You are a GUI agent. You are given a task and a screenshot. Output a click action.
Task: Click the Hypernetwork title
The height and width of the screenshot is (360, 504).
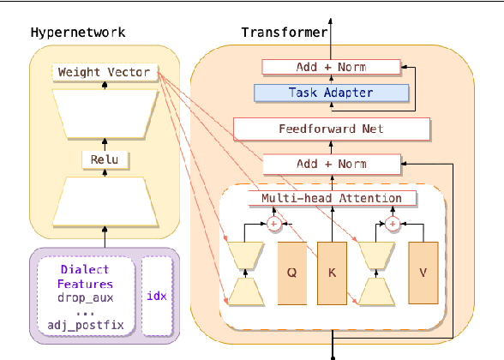(78, 33)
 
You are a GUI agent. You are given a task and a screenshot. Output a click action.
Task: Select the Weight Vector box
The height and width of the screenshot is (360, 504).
(104, 72)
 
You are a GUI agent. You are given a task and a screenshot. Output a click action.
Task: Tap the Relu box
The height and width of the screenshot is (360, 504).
(104, 159)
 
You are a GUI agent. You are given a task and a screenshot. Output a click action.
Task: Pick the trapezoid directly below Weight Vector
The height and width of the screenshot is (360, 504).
(104, 111)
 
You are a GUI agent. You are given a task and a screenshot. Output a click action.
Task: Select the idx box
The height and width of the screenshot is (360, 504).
(155, 296)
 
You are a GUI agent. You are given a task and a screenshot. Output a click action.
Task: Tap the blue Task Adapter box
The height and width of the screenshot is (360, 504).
(331, 93)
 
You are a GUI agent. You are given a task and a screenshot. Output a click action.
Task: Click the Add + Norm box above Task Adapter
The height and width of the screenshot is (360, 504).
(331, 66)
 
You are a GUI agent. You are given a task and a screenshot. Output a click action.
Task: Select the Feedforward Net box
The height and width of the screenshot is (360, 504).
(331, 129)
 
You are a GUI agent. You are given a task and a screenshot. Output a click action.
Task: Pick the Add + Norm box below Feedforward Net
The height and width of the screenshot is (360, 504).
(331, 163)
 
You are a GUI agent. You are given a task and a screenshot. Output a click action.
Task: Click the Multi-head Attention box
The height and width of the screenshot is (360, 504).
(331, 198)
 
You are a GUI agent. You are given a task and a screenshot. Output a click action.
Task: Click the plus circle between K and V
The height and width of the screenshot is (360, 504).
(393, 225)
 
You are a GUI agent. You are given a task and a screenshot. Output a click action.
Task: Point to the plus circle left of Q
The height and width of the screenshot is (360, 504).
(275, 225)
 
